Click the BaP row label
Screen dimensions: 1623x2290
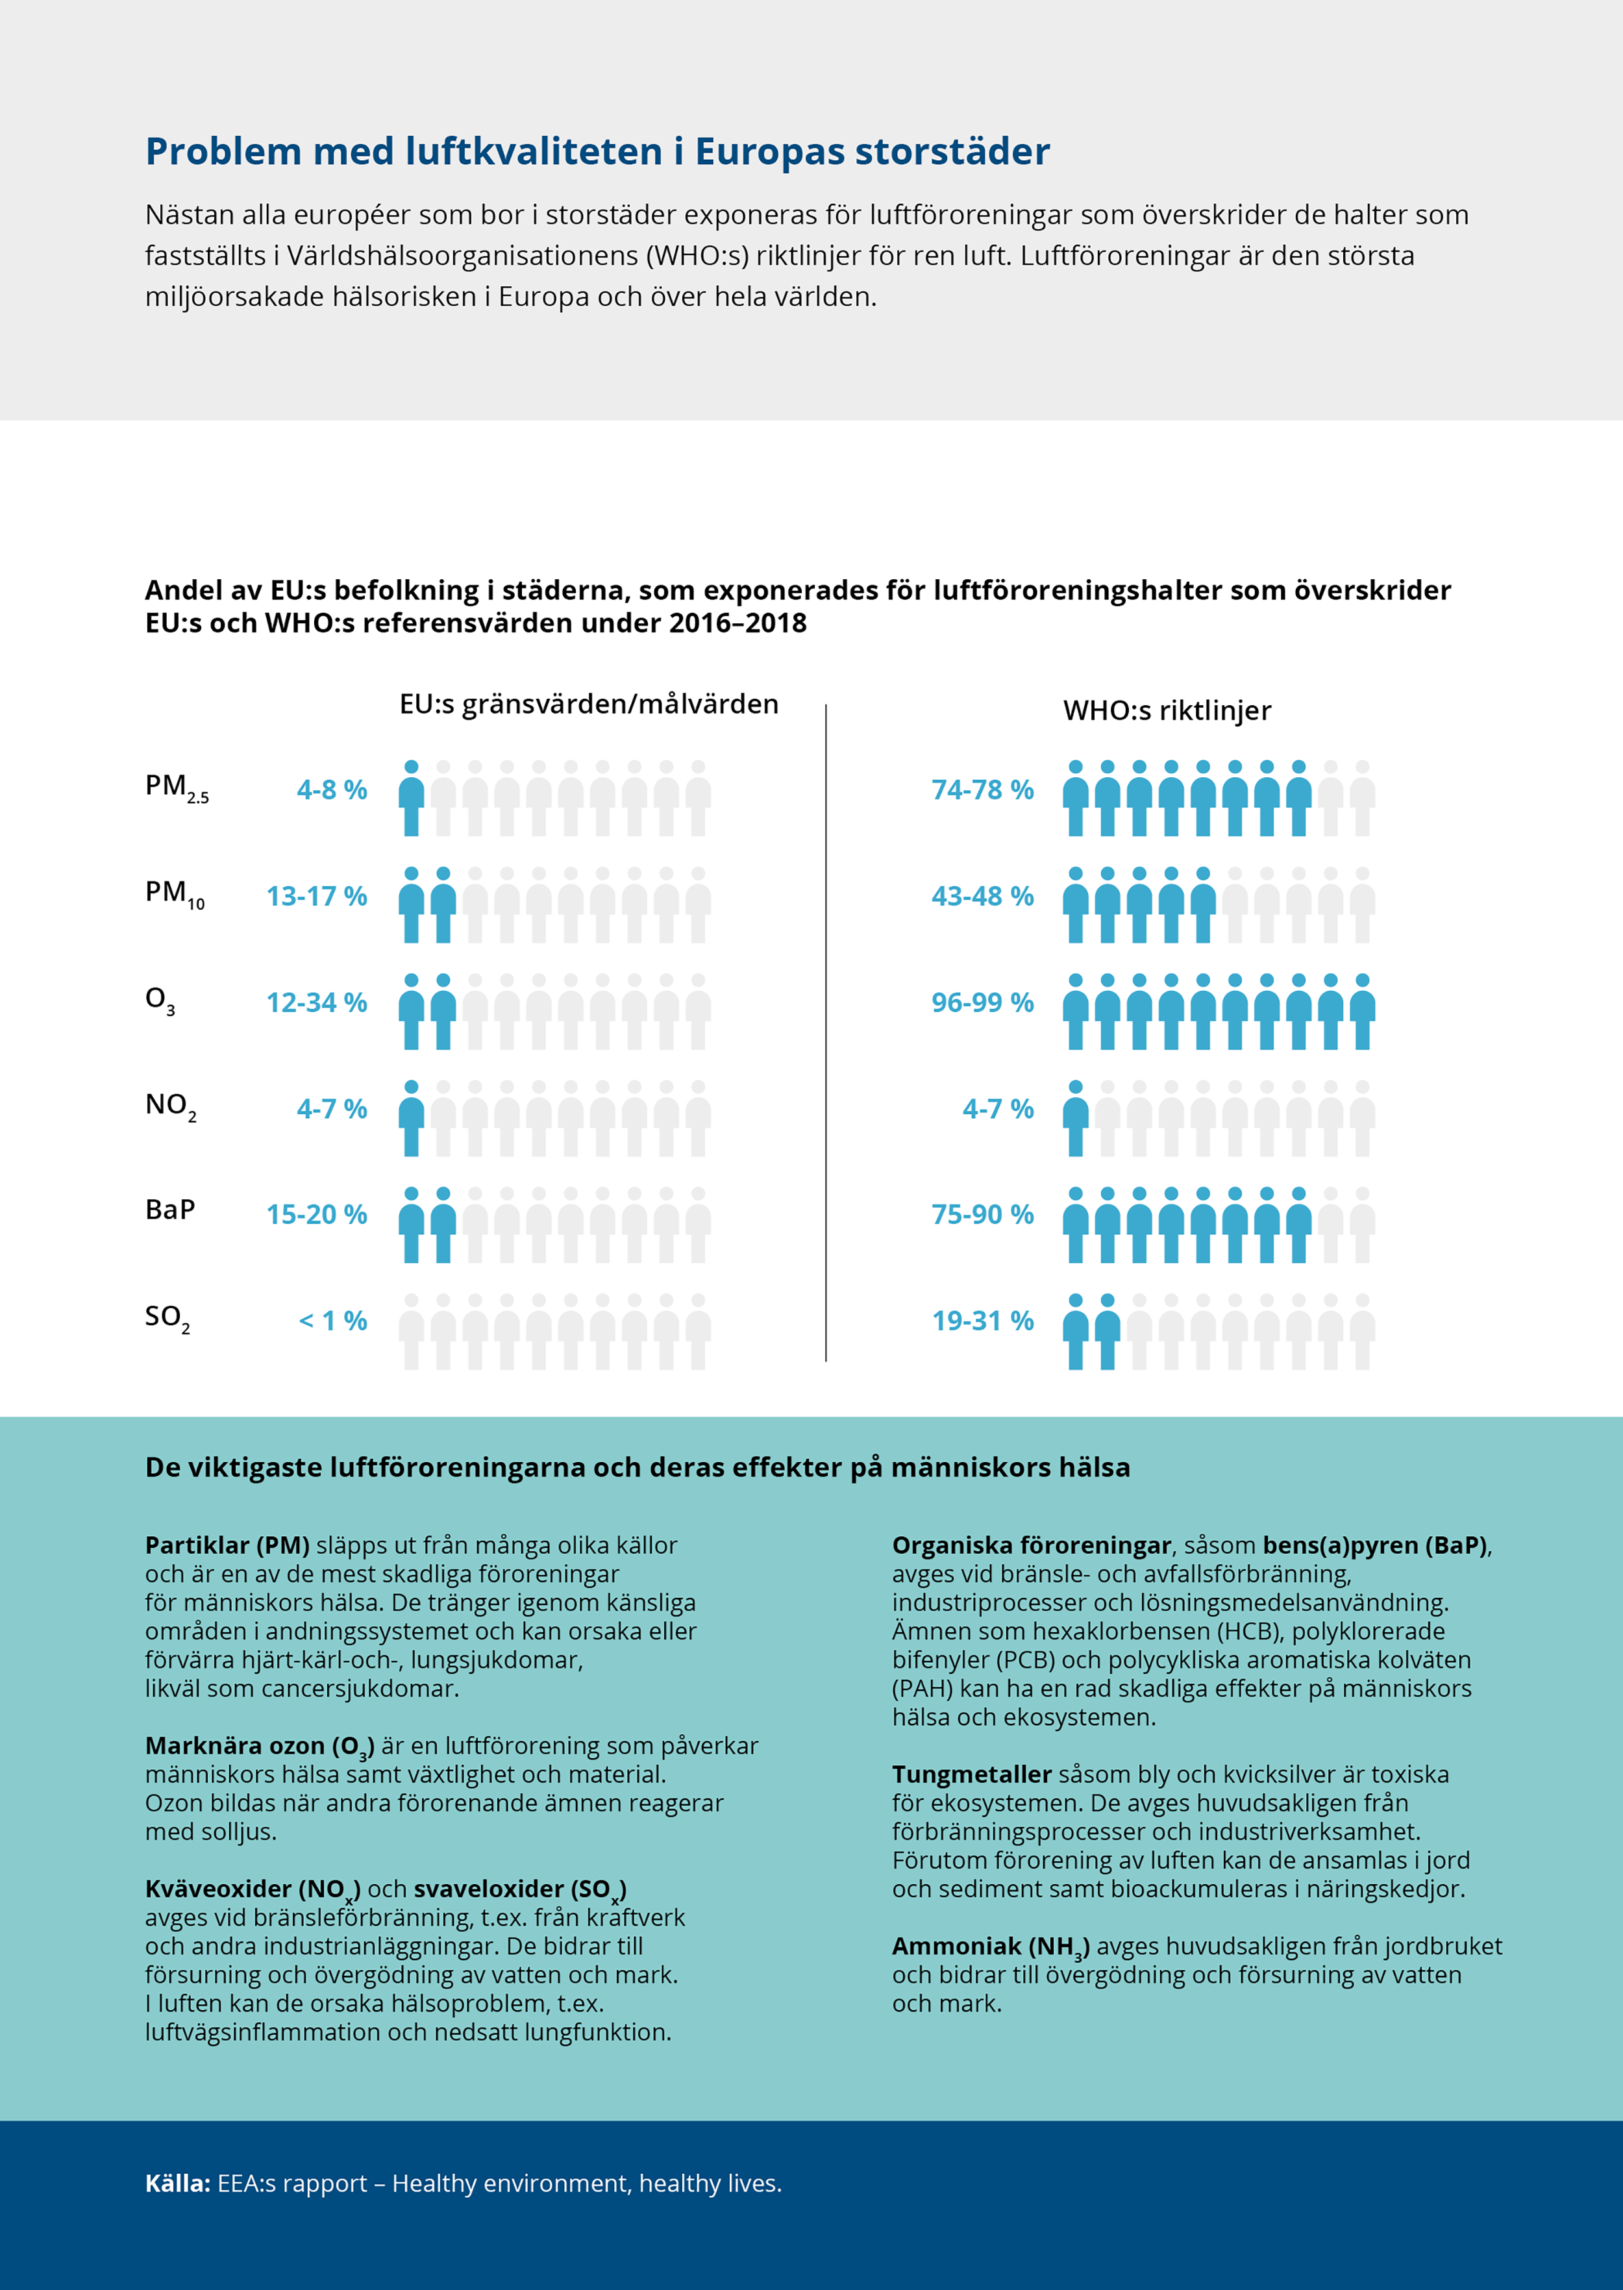(x=170, y=1210)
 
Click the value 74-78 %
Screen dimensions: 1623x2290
(x=982, y=790)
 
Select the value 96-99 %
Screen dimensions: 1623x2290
(x=982, y=1002)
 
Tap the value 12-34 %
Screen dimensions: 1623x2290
(x=317, y=1002)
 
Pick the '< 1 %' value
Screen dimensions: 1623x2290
(x=333, y=1321)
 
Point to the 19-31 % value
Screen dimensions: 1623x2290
(x=982, y=1321)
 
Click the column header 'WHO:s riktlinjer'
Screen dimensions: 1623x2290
(x=1167, y=711)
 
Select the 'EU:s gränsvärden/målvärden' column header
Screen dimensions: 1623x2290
(x=589, y=704)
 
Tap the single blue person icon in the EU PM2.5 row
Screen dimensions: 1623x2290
(x=411, y=798)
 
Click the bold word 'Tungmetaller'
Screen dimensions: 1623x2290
(x=971, y=1774)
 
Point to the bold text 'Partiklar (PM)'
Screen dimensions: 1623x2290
(x=227, y=1545)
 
